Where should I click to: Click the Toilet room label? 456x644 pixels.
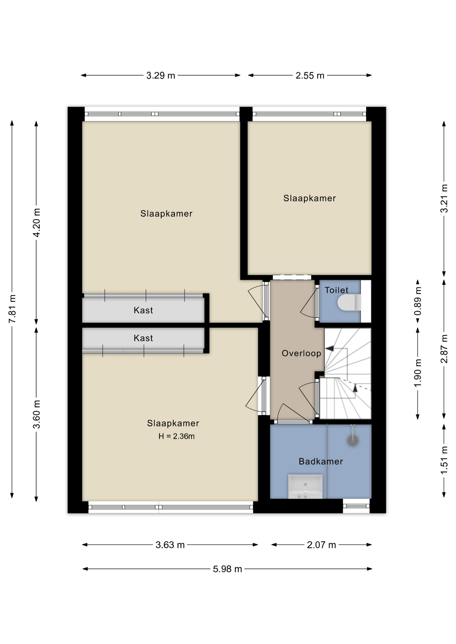[x=336, y=290]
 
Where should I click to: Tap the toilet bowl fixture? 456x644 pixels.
[x=349, y=303]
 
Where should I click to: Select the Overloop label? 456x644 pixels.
[x=301, y=353]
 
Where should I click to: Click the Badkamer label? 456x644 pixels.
[x=321, y=462]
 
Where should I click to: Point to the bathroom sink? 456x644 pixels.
[x=305, y=486]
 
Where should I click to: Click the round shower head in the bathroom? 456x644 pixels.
[x=353, y=441]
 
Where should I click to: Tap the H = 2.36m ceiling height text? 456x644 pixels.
[x=177, y=436]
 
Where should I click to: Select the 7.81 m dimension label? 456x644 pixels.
[x=12, y=309]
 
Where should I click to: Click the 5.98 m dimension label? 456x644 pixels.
[x=227, y=569]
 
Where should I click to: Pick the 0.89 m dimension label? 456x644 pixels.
[x=418, y=301]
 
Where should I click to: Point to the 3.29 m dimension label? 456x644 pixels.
[x=161, y=76]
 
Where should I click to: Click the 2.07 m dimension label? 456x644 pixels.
[x=321, y=545]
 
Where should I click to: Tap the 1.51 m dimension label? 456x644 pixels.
[x=444, y=460]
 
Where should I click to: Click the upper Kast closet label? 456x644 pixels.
[x=143, y=310]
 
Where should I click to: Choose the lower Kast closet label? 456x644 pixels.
[x=143, y=338]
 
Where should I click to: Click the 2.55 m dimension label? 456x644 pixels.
[x=310, y=76]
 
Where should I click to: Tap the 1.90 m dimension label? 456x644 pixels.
[x=418, y=373]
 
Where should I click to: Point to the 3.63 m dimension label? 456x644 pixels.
[x=170, y=545]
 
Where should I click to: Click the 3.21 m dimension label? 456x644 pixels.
[x=444, y=198]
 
